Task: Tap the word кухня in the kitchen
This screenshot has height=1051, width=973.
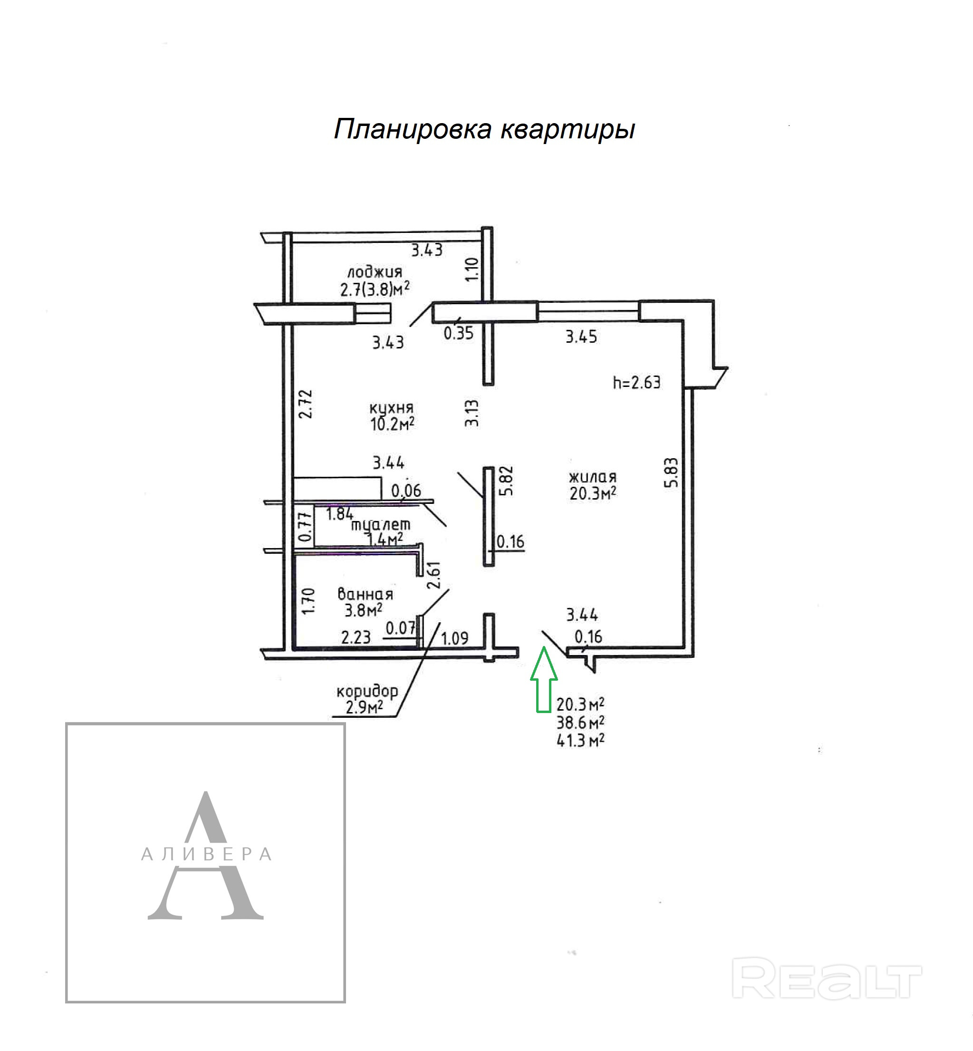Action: click(x=391, y=407)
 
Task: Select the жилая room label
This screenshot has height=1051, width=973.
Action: click(x=592, y=477)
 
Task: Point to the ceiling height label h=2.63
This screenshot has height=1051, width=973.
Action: click(x=636, y=382)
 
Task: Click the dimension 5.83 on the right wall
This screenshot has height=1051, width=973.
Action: click(x=671, y=473)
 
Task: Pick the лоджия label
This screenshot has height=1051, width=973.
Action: click(x=375, y=272)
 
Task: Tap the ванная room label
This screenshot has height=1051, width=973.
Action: click(x=365, y=594)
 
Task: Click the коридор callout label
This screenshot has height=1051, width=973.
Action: click(x=367, y=691)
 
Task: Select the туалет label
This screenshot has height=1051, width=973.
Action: click(x=381, y=525)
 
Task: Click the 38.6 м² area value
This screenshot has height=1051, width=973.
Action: click(x=580, y=722)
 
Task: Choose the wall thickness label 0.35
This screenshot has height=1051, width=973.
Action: click(x=458, y=333)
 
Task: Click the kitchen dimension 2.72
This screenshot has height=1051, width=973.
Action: click(x=305, y=404)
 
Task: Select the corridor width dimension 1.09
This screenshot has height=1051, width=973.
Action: click(x=454, y=639)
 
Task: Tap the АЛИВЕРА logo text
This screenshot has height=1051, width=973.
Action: click(x=206, y=854)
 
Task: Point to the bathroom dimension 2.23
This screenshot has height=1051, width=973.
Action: click(x=356, y=637)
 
